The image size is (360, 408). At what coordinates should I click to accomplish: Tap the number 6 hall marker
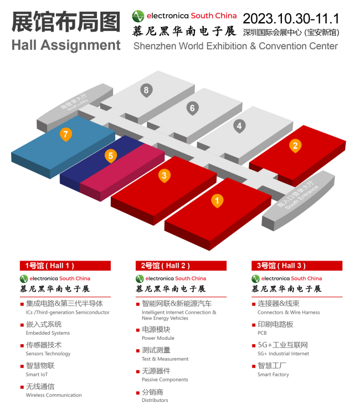coord(192,108)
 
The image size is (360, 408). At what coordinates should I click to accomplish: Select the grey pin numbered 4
coord(239,126)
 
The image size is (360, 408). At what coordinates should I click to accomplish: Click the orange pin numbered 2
coord(296,146)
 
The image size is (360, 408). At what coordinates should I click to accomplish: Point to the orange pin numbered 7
coord(66,134)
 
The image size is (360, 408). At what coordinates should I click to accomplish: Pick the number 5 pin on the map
coord(111,156)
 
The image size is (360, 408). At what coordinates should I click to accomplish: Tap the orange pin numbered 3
coord(164,176)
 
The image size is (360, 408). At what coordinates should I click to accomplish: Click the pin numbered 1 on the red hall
coord(218,201)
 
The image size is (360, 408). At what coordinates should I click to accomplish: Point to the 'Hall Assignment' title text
coord(66,44)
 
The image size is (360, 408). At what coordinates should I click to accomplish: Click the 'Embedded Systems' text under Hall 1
coord(48,333)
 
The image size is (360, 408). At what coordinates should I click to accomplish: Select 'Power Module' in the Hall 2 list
coord(158,338)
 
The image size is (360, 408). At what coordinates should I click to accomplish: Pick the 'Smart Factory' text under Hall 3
coord(273,375)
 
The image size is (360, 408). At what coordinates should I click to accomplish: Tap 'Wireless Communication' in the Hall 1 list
coord(54,395)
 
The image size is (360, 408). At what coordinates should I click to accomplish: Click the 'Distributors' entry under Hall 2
coord(155,400)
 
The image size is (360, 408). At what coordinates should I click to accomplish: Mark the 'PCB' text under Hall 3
coord(262,333)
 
